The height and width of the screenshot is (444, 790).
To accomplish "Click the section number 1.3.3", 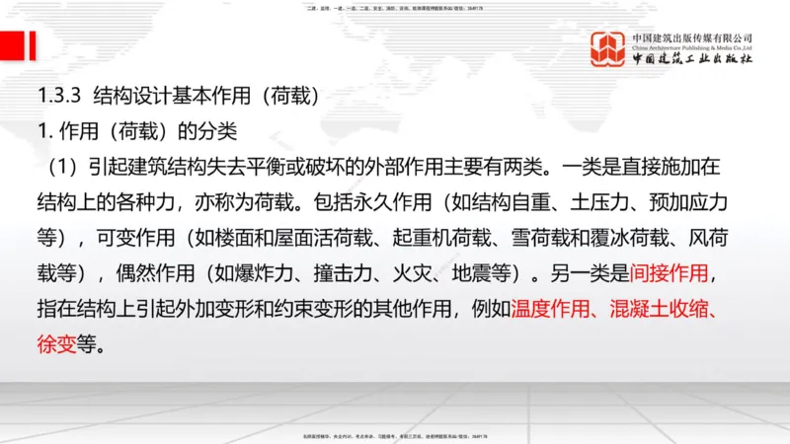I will coord(57,97).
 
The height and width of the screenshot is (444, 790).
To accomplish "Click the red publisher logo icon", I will coord(607,49).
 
